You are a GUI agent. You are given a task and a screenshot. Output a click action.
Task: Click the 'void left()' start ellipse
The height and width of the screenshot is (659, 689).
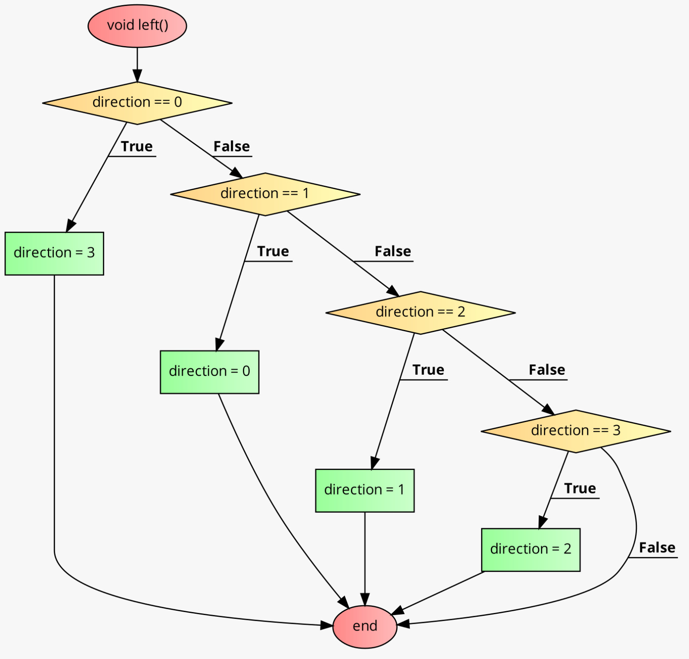pos(137,26)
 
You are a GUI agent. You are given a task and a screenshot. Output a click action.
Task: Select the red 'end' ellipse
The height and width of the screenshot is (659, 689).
pos(365,626)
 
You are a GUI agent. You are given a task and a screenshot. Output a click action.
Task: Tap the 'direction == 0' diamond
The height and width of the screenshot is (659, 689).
pos(137,103)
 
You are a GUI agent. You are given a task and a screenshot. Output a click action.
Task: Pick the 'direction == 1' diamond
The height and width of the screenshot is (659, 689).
pos(265,194)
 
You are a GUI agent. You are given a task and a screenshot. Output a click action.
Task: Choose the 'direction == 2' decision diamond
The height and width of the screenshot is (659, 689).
pos(420,312)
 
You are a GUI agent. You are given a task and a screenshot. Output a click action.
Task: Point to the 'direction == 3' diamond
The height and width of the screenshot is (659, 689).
pos(575,431)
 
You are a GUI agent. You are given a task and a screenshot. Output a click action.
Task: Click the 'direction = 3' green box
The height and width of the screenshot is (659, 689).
pos(54,253)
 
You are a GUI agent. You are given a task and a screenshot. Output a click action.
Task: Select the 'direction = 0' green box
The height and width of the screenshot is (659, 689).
pos(209,372)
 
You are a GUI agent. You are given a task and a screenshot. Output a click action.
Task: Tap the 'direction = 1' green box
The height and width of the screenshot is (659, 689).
pos(365,490)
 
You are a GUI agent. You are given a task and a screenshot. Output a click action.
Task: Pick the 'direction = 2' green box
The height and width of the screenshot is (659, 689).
pos(531,549)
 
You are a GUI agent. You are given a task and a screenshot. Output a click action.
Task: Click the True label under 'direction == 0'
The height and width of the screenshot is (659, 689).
pos(137,146)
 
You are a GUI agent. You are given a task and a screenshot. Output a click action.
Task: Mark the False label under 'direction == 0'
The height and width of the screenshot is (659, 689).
pos(232,146)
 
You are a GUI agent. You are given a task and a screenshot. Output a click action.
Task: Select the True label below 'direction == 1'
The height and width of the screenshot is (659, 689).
pos(273,251)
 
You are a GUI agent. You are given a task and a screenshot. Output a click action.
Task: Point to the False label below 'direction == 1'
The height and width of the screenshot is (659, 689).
pos(393,251)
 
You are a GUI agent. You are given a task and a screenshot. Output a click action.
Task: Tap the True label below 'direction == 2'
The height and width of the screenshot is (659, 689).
pos(428,370)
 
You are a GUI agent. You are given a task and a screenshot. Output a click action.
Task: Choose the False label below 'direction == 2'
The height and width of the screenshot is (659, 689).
pos(547,370)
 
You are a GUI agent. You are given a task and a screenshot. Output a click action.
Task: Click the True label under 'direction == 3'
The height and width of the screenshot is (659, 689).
pos(580,488)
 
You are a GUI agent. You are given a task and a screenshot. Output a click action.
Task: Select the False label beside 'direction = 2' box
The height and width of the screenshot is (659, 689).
pos(657,547)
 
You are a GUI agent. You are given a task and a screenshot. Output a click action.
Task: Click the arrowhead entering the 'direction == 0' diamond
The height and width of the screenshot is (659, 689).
pos(137,77)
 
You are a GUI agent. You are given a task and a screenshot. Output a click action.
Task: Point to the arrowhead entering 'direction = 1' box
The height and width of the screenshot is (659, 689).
pos(374,464)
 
